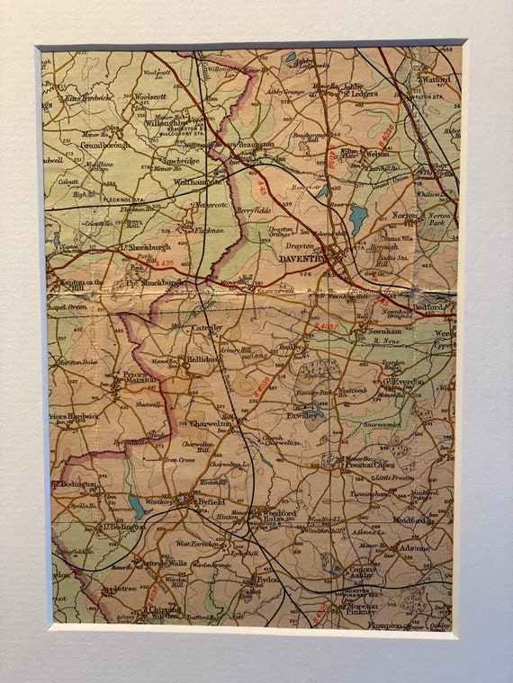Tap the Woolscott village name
point(150,96)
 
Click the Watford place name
point(436,79)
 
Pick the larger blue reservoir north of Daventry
point(358,218)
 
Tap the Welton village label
point(376,153)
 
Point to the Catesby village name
point(206,328)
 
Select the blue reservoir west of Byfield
point(138,507)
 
